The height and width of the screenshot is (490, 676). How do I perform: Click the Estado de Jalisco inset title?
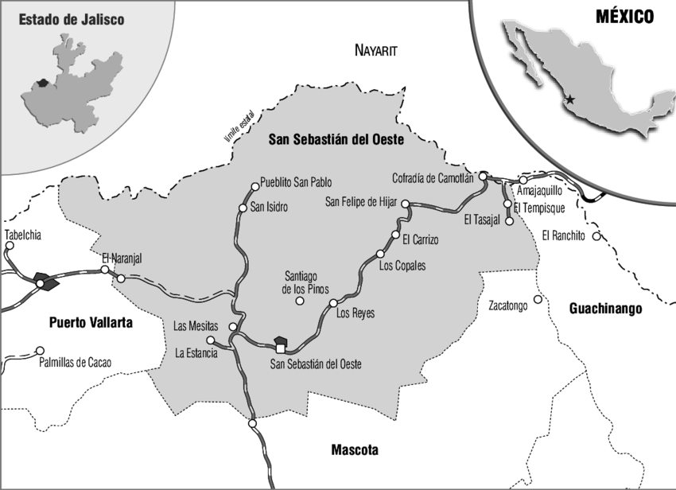(x=72, y=19)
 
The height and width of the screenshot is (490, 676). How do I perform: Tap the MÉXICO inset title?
(x=625, y=16)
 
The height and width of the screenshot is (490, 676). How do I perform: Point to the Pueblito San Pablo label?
(x=296, y=181)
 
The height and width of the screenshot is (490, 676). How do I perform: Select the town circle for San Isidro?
(x=243, y=208)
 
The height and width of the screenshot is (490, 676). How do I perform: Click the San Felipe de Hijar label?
(x=361, y=202)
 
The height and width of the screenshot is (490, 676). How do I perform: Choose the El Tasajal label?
(x=485, y=220)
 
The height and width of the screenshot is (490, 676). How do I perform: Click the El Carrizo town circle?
(x=395, y=235)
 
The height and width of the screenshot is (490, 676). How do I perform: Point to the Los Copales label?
(x=402, y=265)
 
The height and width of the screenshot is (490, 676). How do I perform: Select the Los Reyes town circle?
(x=333, y=303)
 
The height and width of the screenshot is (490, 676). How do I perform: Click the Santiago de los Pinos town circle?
(x=300, y=301)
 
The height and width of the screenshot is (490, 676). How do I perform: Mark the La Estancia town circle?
(x=210, y=340)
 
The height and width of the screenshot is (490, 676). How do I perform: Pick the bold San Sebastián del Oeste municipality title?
(x=336, y=139)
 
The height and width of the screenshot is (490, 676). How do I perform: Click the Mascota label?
(x=355, y=450)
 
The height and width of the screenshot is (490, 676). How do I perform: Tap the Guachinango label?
(x=605, y=309)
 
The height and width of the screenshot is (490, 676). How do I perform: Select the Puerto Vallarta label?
(x=90, y=323)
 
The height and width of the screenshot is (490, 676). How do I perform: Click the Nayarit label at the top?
(x=374, y=50)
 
